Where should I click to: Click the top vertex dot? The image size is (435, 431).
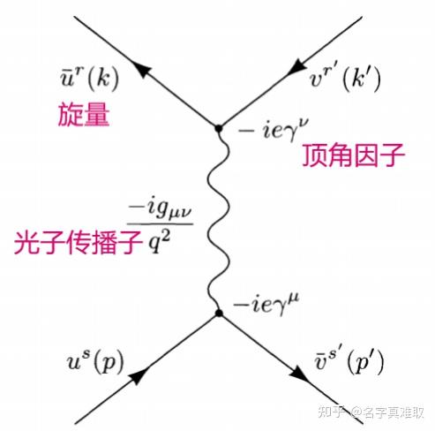(218, 129)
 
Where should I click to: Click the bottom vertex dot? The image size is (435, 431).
(219, 313)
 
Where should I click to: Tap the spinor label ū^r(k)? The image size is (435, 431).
(89, 79)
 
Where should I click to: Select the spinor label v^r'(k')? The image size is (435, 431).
(346, 78)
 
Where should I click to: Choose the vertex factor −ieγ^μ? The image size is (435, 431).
(266, 305)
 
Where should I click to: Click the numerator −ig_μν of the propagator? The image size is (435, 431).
(161, 209)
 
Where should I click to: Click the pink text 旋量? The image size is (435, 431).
(84, 115)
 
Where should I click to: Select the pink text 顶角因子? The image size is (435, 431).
(354, 155)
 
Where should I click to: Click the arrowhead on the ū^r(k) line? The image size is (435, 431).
(142, 70)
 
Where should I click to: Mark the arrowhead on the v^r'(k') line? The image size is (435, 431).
(296, 67)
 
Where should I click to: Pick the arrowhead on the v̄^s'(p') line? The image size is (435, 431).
(299, 374)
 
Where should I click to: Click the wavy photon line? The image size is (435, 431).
(218, 221)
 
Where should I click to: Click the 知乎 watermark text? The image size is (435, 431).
(332, 412)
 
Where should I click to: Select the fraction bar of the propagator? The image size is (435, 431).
(160, 224)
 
